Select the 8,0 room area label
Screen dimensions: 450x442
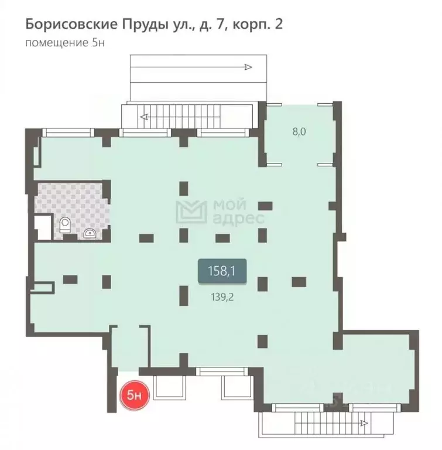click(x=299, y=132)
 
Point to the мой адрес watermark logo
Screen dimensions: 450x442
click(x=221, y=212)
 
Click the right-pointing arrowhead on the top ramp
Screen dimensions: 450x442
click(x=248, y=67)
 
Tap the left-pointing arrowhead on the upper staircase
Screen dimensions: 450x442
click(x=144, y=117)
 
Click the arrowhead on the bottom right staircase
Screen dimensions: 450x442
click(x=365, y=422)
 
